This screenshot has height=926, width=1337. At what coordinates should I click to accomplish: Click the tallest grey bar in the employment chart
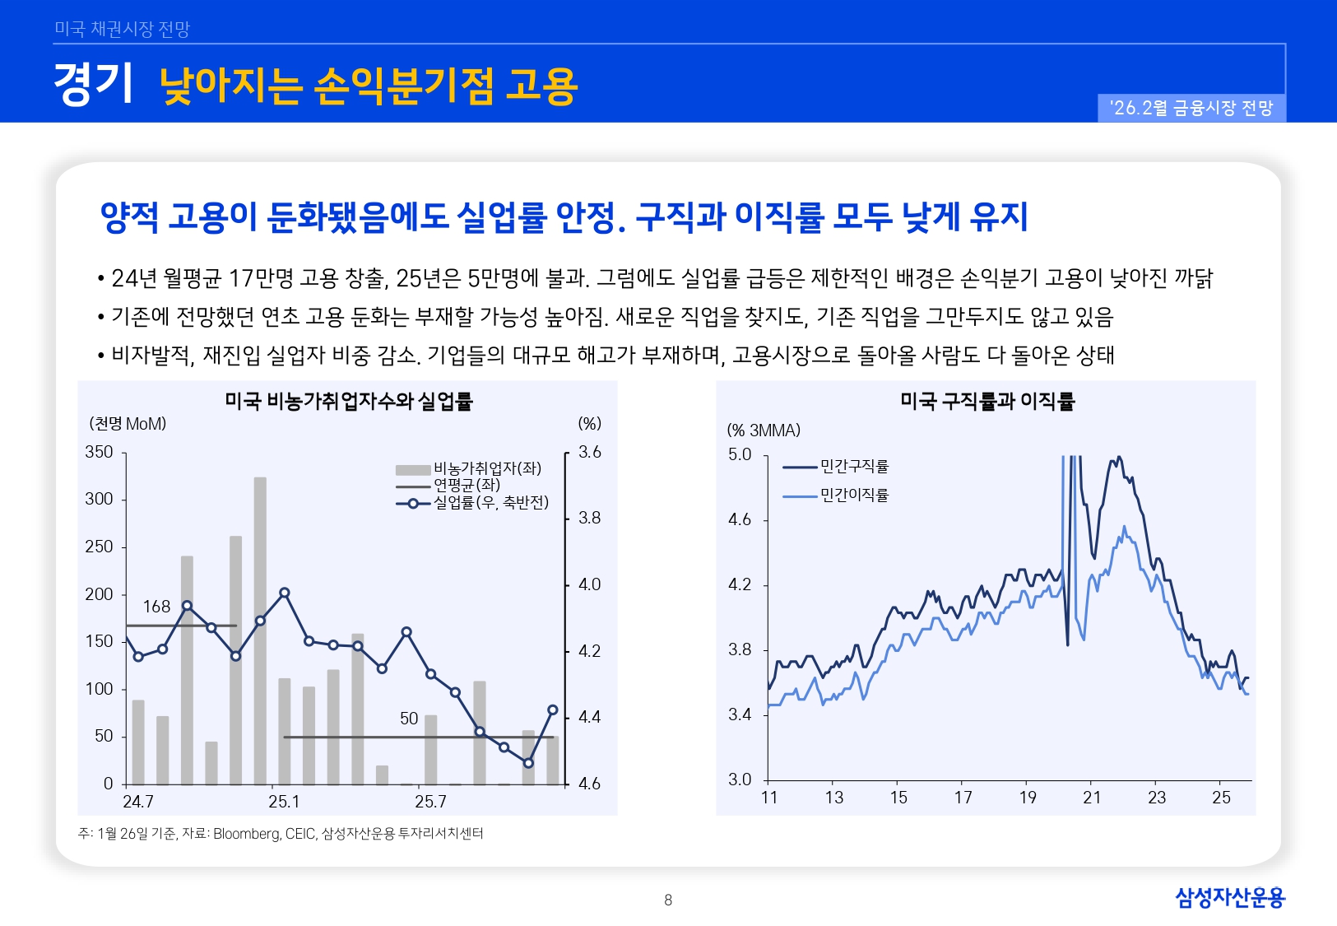260,630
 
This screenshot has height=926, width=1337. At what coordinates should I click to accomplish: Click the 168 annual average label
156,607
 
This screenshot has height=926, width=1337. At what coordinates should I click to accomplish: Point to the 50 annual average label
409,719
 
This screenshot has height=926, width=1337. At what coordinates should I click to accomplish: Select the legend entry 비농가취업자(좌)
486,468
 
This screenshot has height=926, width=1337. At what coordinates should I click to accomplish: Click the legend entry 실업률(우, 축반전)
490,502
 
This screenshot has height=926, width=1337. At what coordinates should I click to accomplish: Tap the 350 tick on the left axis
99,452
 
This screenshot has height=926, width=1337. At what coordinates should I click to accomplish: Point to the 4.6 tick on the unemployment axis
589,784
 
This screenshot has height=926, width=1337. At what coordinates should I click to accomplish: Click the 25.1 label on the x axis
284,802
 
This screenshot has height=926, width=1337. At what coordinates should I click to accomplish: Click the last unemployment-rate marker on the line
553,710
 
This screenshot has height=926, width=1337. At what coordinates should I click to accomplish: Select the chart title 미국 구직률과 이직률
987,401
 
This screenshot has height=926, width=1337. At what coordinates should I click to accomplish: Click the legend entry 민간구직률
854,467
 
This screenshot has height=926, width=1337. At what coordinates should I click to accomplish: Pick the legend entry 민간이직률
854,496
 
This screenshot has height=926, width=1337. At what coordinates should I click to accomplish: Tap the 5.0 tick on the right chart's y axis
740,454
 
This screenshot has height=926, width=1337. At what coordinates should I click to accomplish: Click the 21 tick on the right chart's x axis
1092,798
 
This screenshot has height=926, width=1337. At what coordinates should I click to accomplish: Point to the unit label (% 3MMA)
764,430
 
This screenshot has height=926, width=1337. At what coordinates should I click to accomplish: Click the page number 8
668,900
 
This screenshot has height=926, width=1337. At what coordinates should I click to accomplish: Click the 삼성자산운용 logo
1229,897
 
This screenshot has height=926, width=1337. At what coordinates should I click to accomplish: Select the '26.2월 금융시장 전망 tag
1191,109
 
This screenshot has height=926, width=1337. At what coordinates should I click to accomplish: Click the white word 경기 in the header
93,84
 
